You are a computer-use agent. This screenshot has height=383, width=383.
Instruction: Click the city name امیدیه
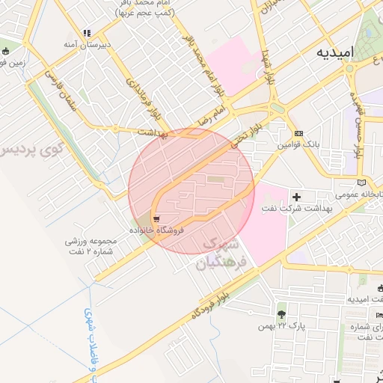pyautogui.click(x=334, y=53)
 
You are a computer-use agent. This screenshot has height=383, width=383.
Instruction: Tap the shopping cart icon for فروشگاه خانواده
pyautogui.click(x=156, y=218)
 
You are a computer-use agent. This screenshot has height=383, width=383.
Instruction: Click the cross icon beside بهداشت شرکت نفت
pyautogui.click(x=297, y=197)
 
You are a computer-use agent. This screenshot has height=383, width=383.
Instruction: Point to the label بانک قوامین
pyautogui.click(x=299, y=144)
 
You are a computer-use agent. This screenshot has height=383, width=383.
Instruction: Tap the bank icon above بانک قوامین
pyautogui.click(x=299, y=132)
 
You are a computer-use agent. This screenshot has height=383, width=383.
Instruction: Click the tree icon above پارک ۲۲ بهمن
pyautogui.click(x=281, y=314)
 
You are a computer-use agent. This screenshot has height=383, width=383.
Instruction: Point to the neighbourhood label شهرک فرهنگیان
pyautogui.click(x=219, y=255)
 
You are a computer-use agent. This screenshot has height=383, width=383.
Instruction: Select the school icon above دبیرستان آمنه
pyautogui.click(x=87, y=33)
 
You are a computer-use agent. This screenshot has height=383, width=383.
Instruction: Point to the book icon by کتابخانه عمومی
pyautogui.click(x=363, y=183)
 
